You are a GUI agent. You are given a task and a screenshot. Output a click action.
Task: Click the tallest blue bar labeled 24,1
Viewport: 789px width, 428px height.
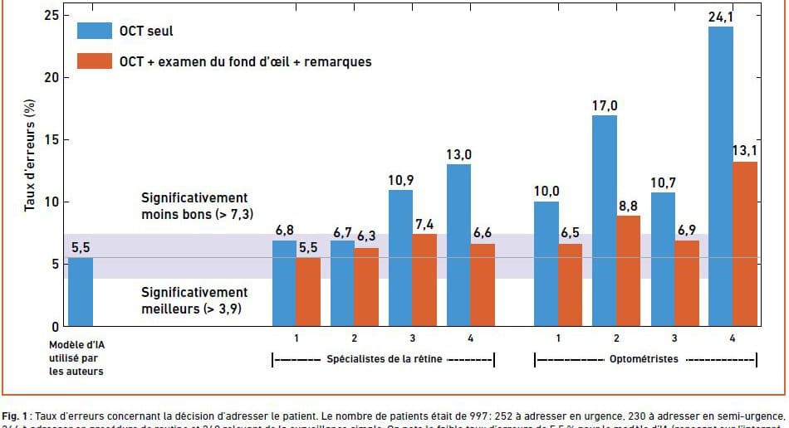721,176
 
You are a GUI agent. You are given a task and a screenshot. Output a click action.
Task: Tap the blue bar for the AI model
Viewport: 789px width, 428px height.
80,291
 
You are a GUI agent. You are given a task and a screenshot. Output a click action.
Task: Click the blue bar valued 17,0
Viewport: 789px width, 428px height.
605,220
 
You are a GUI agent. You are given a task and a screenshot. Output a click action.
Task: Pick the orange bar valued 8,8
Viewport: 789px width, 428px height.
629,270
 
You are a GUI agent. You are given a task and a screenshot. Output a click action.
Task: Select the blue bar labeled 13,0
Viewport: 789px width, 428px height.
458,245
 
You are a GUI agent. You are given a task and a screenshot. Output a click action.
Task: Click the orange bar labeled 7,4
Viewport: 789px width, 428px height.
424,280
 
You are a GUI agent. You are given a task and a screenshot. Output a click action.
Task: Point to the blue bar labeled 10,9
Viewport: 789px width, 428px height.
400,258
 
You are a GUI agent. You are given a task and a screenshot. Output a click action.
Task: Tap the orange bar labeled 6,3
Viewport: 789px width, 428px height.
366,286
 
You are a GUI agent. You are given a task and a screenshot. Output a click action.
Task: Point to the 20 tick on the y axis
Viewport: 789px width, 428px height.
55,77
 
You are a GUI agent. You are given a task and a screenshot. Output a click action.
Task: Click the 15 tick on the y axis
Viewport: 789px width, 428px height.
55,139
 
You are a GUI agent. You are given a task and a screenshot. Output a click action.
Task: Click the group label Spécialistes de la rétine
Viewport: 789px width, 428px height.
385,359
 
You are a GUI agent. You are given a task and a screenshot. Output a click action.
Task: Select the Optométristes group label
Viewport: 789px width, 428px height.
644,359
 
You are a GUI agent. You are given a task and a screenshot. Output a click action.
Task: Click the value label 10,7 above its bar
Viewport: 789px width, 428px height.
663,180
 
